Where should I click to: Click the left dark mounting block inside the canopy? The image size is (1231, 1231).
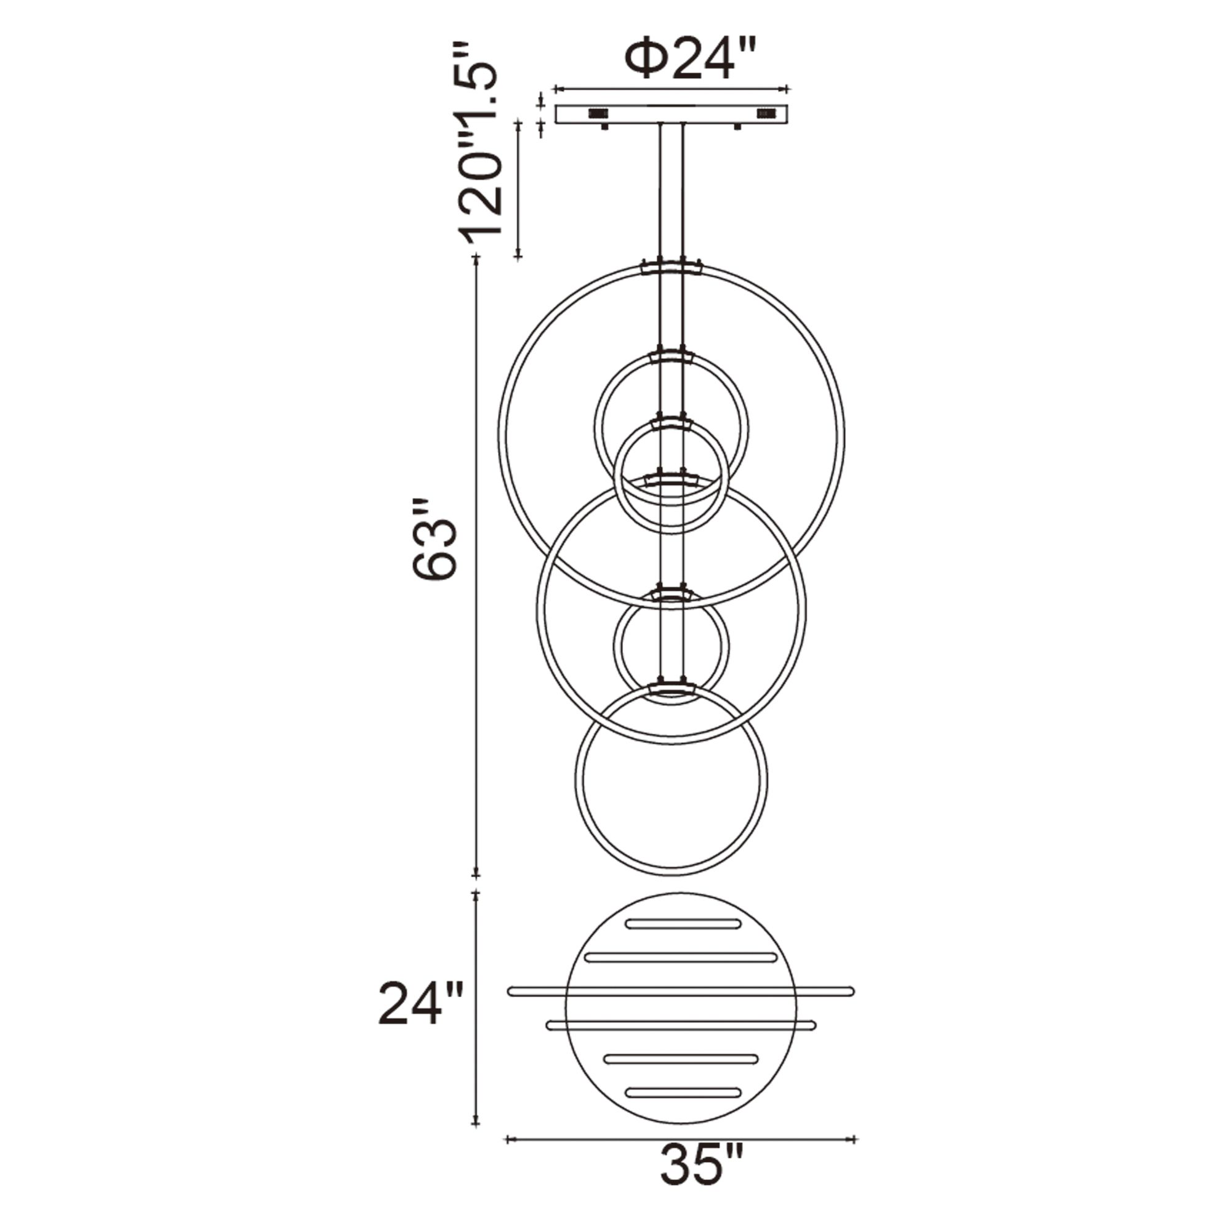coord(597,113)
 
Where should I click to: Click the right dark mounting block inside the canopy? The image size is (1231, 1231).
coord(766,113)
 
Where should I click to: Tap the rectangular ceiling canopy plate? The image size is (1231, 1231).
coord(672,114)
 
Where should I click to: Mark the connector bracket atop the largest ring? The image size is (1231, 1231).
coord(672,267)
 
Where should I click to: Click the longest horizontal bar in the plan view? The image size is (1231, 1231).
coord(681,1009)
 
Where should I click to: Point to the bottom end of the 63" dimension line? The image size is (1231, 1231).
coord(475,875)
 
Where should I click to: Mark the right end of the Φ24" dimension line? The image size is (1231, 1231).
coord(788,89)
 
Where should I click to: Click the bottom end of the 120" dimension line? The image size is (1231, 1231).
coord(519,257)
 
